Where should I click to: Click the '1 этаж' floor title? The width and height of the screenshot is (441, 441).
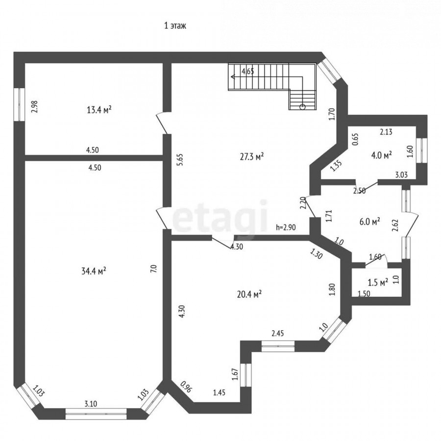(175, 26)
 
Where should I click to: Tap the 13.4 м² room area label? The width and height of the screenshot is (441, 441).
(99, 109)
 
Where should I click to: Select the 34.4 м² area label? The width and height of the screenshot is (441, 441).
(94, 271)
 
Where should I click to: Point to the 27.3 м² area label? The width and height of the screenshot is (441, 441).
(252, 156)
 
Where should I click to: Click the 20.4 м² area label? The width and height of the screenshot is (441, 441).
(250, 294)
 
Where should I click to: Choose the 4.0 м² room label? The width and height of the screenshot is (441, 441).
(382, 155)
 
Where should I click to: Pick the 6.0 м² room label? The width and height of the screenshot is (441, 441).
(370, 221)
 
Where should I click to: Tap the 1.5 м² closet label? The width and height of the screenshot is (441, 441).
(378, 282)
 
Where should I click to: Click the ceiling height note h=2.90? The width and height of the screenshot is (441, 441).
(286, 227)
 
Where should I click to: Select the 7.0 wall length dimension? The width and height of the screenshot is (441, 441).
(153, 269)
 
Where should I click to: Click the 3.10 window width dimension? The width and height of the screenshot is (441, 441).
(91, 404)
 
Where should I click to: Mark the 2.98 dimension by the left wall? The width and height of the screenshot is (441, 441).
(34, 107)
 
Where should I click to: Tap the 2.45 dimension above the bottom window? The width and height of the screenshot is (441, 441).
(278, 333)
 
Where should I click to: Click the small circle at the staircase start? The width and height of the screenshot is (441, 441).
(303, 107)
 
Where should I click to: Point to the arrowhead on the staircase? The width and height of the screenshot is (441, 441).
(233, 76)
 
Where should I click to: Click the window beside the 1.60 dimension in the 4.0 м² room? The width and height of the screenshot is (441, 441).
(421, 150)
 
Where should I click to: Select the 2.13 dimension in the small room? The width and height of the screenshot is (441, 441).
(386, 132)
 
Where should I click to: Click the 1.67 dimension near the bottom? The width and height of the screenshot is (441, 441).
(235, 374)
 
